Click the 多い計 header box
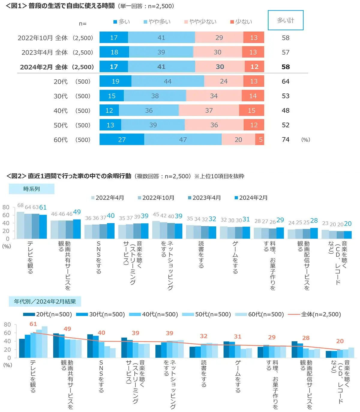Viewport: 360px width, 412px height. coord(285,20)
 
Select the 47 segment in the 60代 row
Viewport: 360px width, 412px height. coord(183,140)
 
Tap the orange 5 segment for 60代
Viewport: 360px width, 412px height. coord(260,140)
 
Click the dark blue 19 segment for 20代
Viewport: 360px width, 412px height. coord(115,81)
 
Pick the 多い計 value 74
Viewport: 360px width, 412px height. coord(286,140)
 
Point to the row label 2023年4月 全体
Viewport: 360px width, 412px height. coord(57,52)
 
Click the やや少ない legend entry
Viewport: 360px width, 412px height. coord(200,22)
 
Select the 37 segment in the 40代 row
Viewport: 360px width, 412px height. coord(209,110)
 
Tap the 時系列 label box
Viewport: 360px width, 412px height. coord(31,189)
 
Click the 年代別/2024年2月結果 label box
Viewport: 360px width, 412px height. coord(45,301)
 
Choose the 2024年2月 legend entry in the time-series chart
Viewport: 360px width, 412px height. coord(251,198)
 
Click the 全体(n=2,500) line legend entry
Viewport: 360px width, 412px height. coord(314,314)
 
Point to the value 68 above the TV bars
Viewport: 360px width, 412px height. coord(20,205)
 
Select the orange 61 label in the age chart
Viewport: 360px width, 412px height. coord(33,324)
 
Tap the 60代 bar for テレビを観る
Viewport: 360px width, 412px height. coord(44,342)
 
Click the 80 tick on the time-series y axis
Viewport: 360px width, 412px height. coord(6,207)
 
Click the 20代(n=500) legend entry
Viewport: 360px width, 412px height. coord(48,314)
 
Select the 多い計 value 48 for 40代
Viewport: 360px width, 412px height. coord(286,111)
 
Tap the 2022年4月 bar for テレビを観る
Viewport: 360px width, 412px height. coord(20,225)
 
